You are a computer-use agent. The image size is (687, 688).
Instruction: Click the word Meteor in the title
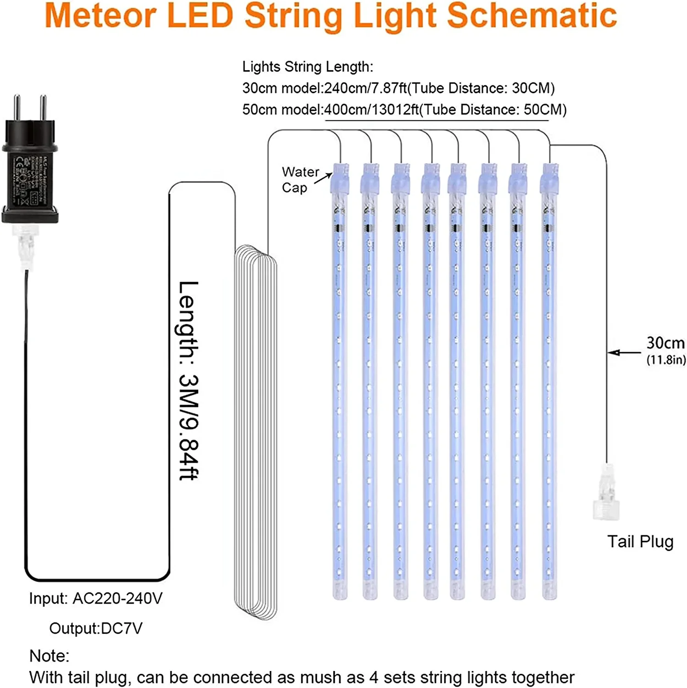100,17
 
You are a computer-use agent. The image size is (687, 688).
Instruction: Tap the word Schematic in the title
532,17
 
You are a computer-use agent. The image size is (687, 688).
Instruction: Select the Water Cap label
300,180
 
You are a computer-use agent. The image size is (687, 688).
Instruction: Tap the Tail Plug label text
640,542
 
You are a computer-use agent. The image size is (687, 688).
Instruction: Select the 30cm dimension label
665,343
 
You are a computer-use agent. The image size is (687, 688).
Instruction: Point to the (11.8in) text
666,360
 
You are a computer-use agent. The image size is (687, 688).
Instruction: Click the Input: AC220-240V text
96,599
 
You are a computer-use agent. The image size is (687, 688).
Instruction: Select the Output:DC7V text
96,628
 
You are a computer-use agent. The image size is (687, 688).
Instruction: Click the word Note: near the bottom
49,656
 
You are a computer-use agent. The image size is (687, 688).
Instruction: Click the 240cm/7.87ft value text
366,88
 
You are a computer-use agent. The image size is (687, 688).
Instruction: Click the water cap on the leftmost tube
340,178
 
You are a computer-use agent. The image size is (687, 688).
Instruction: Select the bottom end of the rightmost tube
549,592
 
